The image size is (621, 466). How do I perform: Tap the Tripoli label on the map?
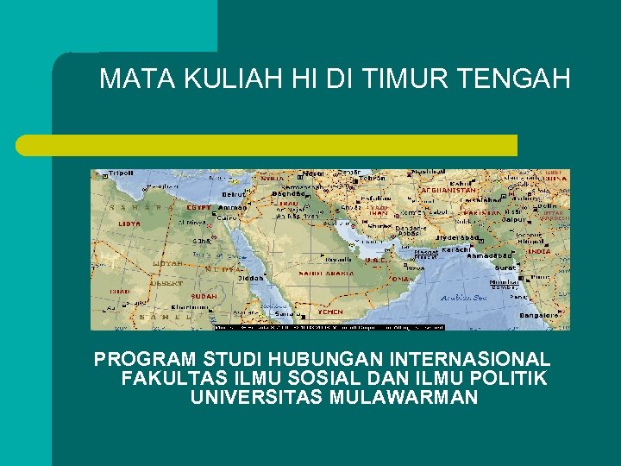pyautogui.click(x=121, y=173)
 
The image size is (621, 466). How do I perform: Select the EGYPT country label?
pyautogui.click(x=200, y=208)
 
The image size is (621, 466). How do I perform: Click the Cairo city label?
pyautogui.click(x=227, y=218)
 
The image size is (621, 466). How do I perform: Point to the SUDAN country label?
pyautogui.click(x=204, y=296)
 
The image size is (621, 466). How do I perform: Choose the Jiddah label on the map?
pyautogui.click(x=253, y=278)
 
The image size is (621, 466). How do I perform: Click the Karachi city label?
pyautogui.click(x=455, y=249)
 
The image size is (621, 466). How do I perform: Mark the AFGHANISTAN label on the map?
pyautogui.click(x=448, y=190)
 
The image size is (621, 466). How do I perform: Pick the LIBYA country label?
pyautogui.click(x=129, y=224)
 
